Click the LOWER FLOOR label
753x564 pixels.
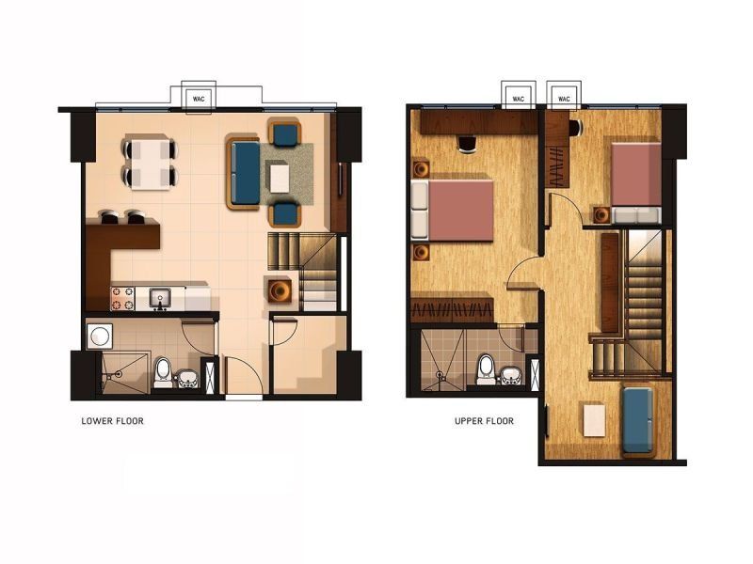pyautogui.click(x=112, y=421)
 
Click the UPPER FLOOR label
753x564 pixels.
pyautogui.click(x=484, y=421)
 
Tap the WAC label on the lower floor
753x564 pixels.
pyautogui.click(x=199, y=100)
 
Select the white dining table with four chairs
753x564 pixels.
pyautogui.click(x=151, y=162)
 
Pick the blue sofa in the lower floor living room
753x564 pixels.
pyautogui.click(x=245, y=173)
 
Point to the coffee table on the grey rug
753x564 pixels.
pyautogui.click(x=280, y=178)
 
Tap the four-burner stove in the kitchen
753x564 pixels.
pyautogui.click(x=122, y=298)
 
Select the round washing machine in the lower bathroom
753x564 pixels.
pyautogui.click(x=100, y=336)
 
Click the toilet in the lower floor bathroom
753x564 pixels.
pyautogui.click(x=163, y=372)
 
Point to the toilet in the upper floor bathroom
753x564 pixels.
pyautogui.click(x=486, y=369)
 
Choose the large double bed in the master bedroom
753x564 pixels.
pyautogui.click(x=453, y=210)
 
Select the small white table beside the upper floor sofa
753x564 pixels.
pyautogui.click(x=595, y=420)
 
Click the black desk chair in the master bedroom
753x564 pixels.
pyautogui.click(x=468, y=144)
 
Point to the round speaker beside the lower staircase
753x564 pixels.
pyautogui.click(x=280, y=290)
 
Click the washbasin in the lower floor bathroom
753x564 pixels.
pyautogui.click(x=187, y=379)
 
